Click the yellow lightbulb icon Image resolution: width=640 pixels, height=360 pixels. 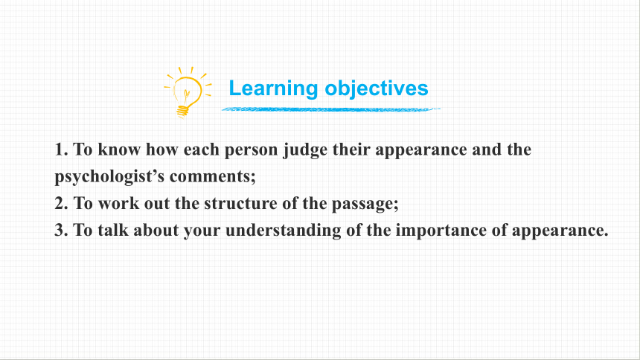188,93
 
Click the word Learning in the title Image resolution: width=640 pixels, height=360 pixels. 273,89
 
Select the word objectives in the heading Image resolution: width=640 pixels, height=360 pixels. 377,88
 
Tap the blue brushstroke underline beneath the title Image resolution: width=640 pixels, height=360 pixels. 330,109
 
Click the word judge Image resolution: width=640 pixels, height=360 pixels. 305,150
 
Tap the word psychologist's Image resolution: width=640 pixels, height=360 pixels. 109,177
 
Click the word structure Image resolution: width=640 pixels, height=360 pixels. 240,204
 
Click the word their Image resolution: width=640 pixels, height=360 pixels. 351,150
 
